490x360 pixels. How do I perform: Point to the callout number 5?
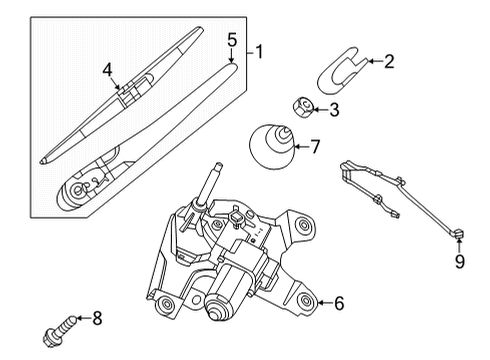point(232,41)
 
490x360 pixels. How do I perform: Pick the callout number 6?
point(339,301)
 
